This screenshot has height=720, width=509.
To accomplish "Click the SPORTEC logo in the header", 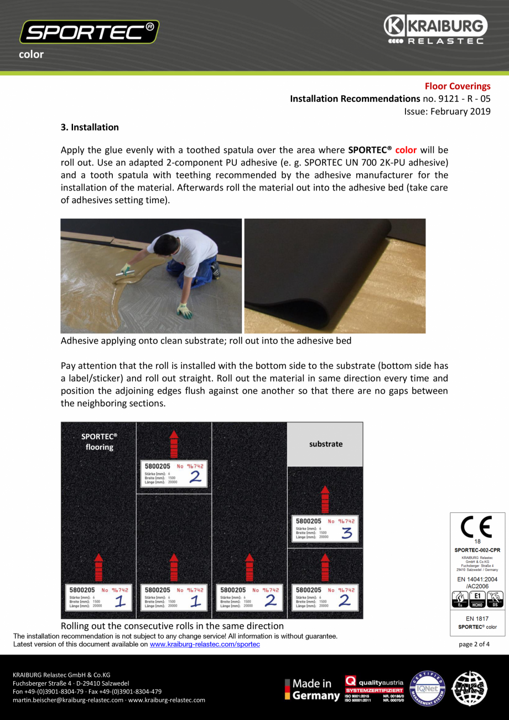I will point(89,32).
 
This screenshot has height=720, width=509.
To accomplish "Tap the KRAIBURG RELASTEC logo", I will point(435,30).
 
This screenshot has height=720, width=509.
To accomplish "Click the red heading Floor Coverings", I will point(457,86).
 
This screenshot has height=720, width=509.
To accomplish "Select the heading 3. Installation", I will point(89,127).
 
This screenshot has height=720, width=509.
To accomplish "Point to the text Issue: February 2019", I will point(447,111).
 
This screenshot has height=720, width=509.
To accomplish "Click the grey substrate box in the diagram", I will point(325,444).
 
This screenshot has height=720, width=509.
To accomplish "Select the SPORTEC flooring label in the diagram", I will point(99,441).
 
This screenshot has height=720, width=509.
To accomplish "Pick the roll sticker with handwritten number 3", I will point(325,529).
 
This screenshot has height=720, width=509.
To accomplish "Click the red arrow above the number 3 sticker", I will point(325,499).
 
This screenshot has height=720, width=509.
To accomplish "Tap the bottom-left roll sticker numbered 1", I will point(98,598).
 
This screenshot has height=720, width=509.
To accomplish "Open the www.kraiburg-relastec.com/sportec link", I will point(205,644).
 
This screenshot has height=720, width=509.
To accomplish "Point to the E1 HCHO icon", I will point(477,598).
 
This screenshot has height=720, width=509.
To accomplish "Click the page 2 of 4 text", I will point(474,644).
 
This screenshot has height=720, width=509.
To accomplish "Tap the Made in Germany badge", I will point(313,689).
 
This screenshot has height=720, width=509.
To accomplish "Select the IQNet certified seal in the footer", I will point(427,688).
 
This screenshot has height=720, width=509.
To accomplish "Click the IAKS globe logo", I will point(470,688).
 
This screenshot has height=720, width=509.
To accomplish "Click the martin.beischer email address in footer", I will point(67,700).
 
